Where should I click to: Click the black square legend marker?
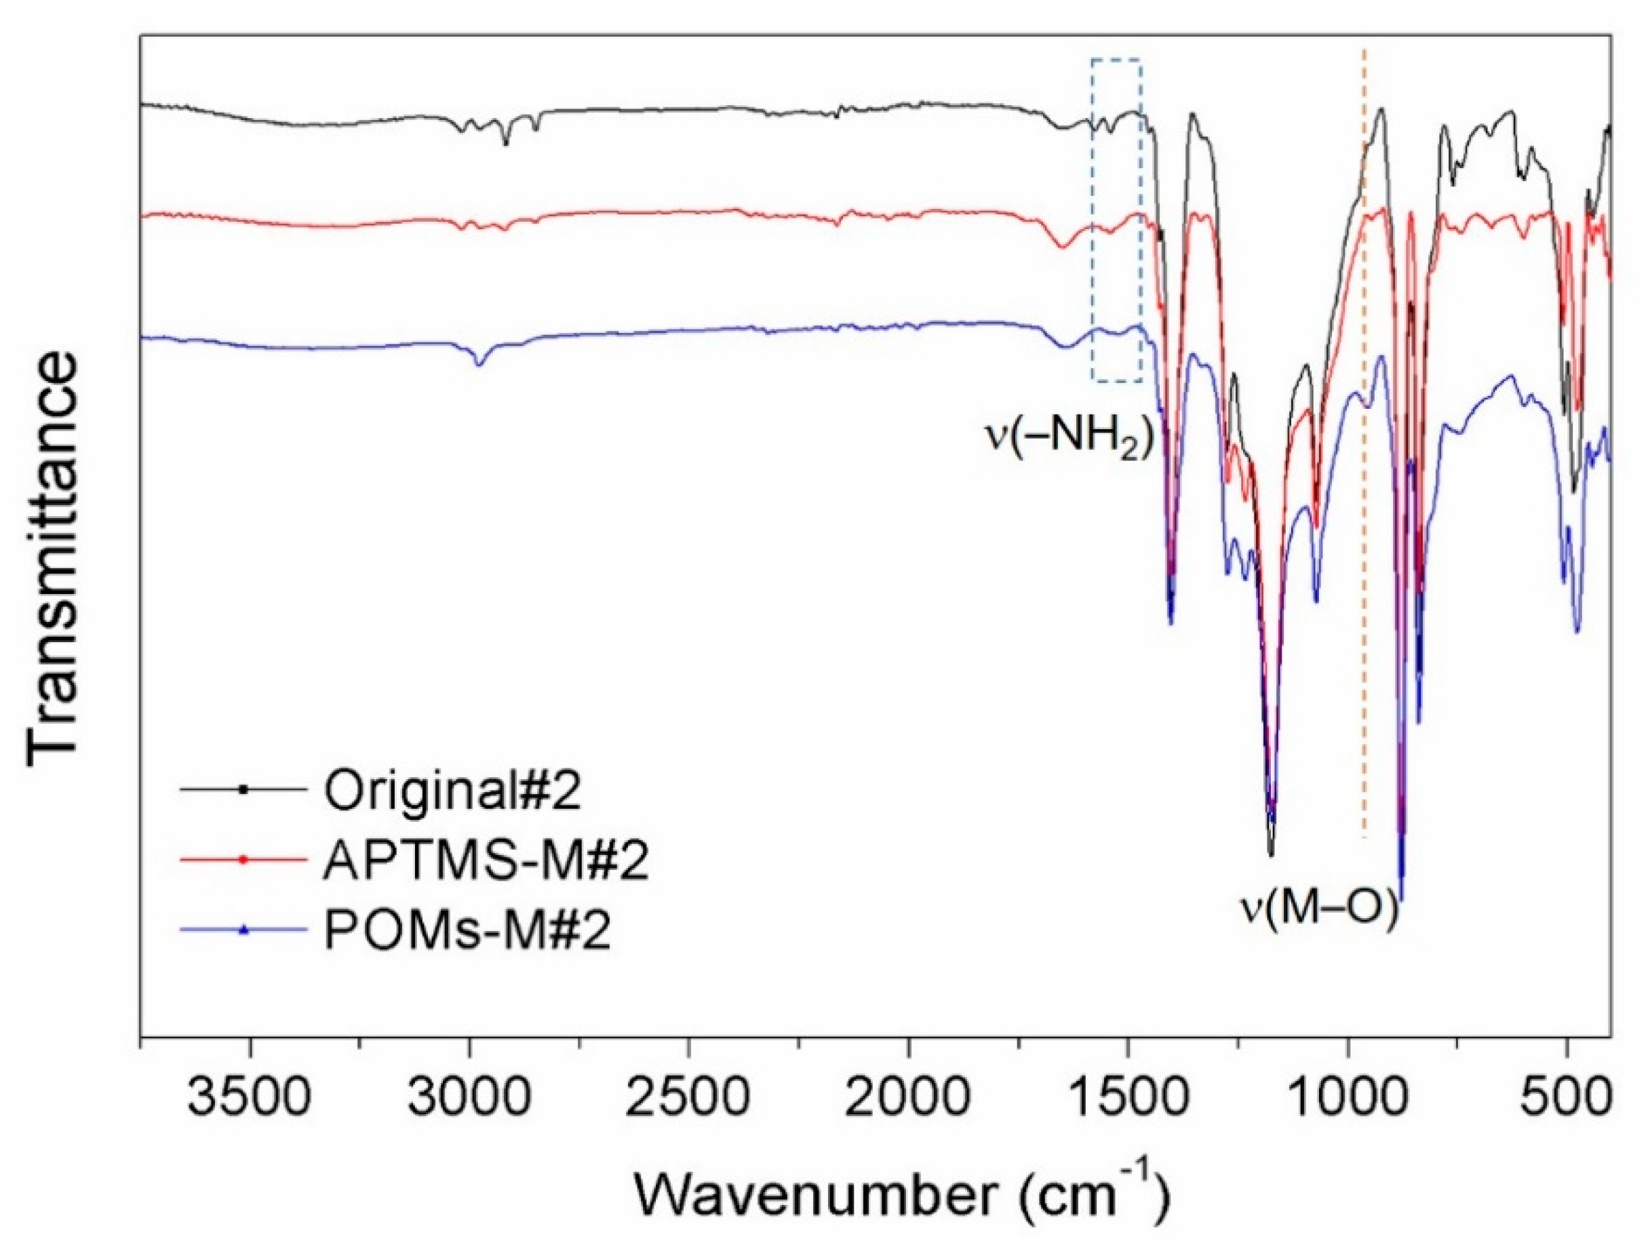(x=242, y=789)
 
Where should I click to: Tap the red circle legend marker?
(x=242, y=859)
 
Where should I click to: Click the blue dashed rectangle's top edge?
(x=1116, y=58)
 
